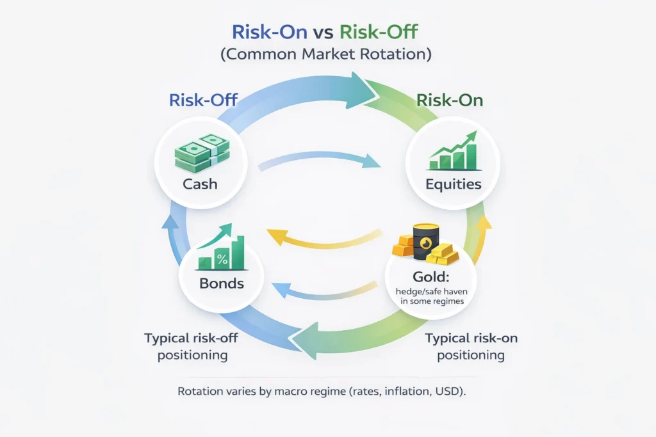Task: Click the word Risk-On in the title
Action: pos(270,32)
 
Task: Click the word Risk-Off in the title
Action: pos(379,32)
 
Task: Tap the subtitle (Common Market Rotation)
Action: pos(326,54)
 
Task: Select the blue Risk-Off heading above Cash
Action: pos(203,100)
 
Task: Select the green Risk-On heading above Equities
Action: pos(450,100)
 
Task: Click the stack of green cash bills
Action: pos(202,153)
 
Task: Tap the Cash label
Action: pos(200,184)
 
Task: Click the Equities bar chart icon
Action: pos(454,151)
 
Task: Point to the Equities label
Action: pos(454,184)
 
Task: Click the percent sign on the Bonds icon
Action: pos(222,259)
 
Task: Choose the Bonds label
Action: pos(221,283)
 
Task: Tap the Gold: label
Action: pos(430,276)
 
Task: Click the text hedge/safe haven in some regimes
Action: pos(432,296)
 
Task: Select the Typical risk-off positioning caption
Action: pos(191,346)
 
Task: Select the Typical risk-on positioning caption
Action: pos(471,346)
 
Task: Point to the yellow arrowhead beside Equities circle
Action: pos(484,223)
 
